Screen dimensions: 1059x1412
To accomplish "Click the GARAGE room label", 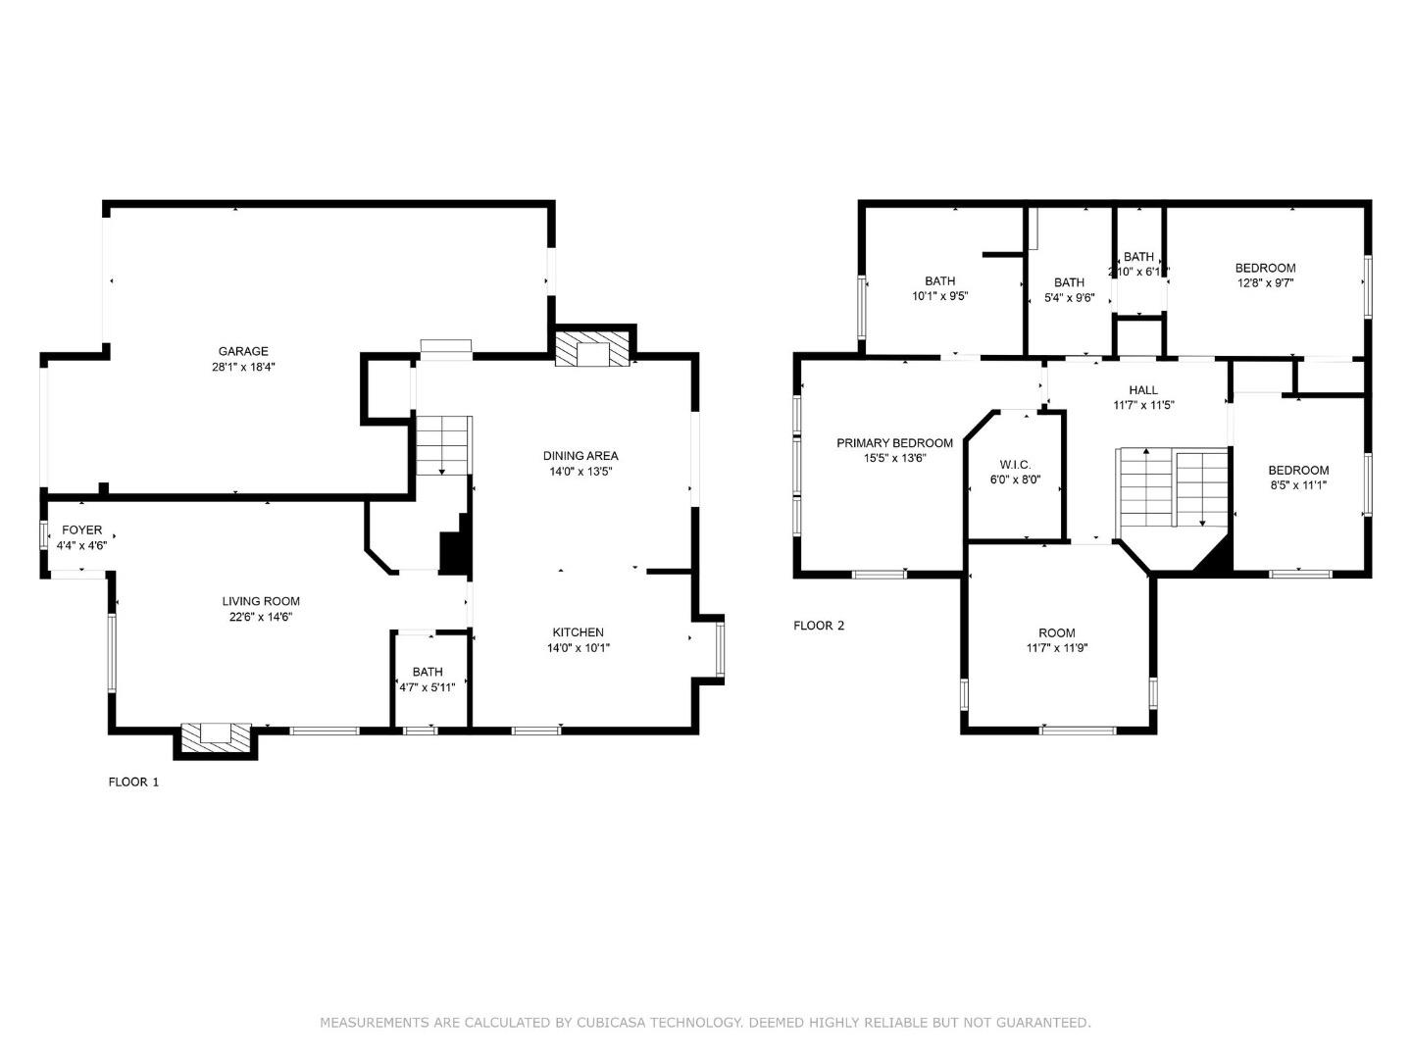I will [243, 351].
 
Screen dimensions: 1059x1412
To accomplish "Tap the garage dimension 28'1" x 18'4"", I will [243, 368].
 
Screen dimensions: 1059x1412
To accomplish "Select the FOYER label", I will [81, 529].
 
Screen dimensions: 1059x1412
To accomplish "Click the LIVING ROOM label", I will [261, 601].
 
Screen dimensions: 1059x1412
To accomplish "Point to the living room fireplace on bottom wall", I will [215, 736].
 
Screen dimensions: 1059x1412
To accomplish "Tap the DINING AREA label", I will [580, 455].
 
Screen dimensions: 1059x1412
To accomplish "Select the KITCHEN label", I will [578, 631].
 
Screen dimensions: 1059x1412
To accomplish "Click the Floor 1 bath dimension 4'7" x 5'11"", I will [428, 687].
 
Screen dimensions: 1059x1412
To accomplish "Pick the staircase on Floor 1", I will [444, 445].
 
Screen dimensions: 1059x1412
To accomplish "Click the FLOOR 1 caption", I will [133, 782].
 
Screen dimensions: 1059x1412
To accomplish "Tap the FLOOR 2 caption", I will [819, 626].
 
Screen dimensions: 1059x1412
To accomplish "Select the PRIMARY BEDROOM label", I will [894, 443].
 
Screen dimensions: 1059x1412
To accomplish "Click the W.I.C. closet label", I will [1015, 464].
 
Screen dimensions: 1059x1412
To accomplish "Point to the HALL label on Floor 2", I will [1143, 389].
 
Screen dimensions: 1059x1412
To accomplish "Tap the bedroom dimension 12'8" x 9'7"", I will [1265, 283].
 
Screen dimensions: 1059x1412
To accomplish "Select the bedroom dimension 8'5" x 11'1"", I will [1298, 485].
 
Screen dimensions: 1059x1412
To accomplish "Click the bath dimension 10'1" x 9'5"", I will [940, 295].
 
